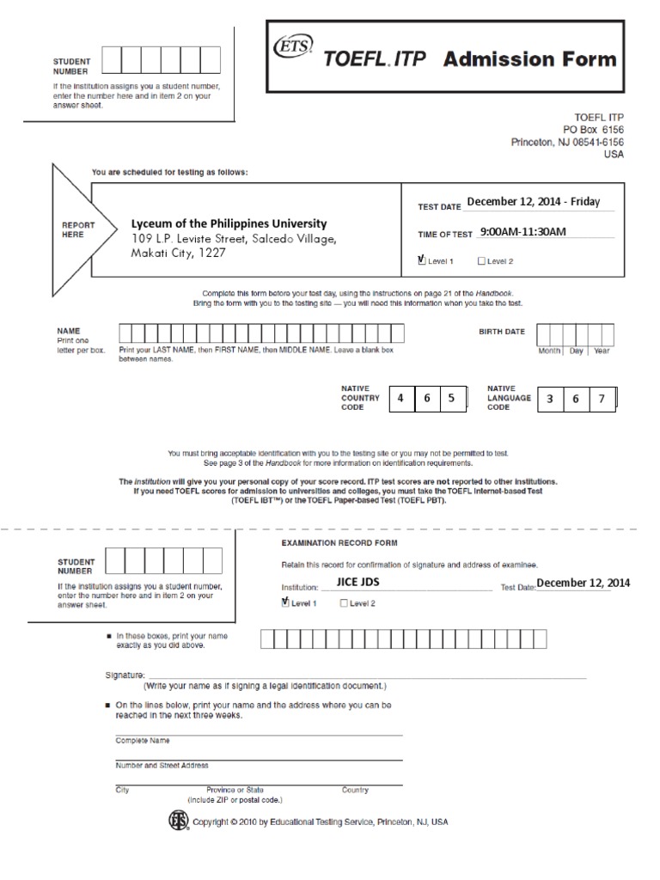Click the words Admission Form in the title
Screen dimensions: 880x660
(529, 58)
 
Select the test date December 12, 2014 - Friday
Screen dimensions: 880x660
(533, 203)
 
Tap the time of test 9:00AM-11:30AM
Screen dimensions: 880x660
(523, 232)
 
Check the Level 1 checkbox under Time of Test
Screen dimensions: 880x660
(421, 260)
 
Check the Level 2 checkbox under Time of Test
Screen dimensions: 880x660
(481, 260)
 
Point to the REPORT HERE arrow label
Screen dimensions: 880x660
(77, 230)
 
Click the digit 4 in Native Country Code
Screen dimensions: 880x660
(400, 399)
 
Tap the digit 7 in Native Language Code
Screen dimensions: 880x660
(602, 399)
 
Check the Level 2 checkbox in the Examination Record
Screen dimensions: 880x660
(345, 603)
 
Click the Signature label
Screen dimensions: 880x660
(125, 676)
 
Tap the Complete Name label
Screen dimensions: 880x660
(142, 740)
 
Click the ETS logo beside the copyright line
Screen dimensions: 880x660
(177, 821)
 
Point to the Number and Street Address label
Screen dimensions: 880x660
(162, 765)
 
